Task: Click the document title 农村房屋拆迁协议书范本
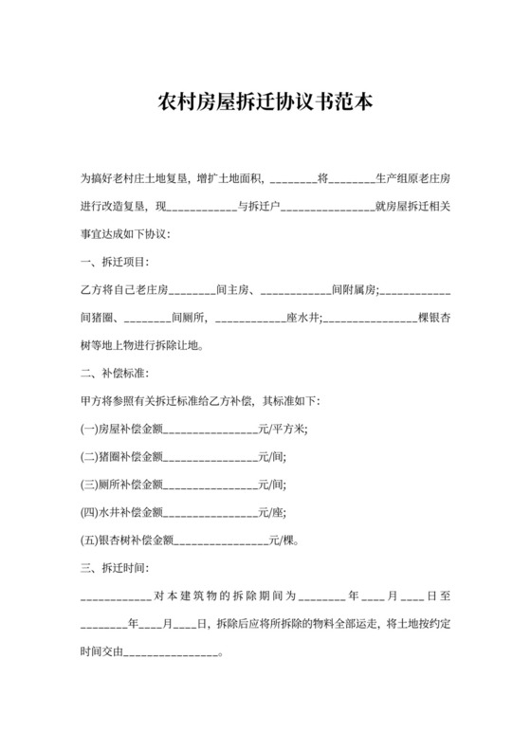coord(265,102)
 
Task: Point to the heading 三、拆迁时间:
coord(114,569)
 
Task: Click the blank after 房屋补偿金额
coord(210,428)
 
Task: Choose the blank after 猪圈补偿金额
coord(210,456)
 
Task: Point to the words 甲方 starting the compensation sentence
coord(91,400)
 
